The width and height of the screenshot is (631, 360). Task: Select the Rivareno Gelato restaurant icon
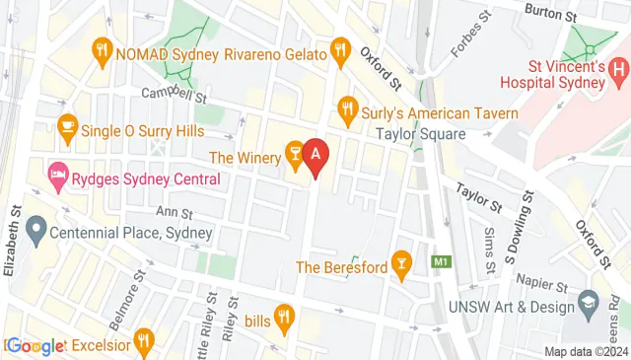pos(340,47)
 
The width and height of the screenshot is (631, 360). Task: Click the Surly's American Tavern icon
pos(347,106)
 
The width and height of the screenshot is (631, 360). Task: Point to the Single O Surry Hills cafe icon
pos(67,126)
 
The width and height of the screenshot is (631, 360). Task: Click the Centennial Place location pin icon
pos(36,233)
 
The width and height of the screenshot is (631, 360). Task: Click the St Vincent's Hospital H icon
pos(619,69)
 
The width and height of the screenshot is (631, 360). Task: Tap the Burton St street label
pos(550,15)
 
